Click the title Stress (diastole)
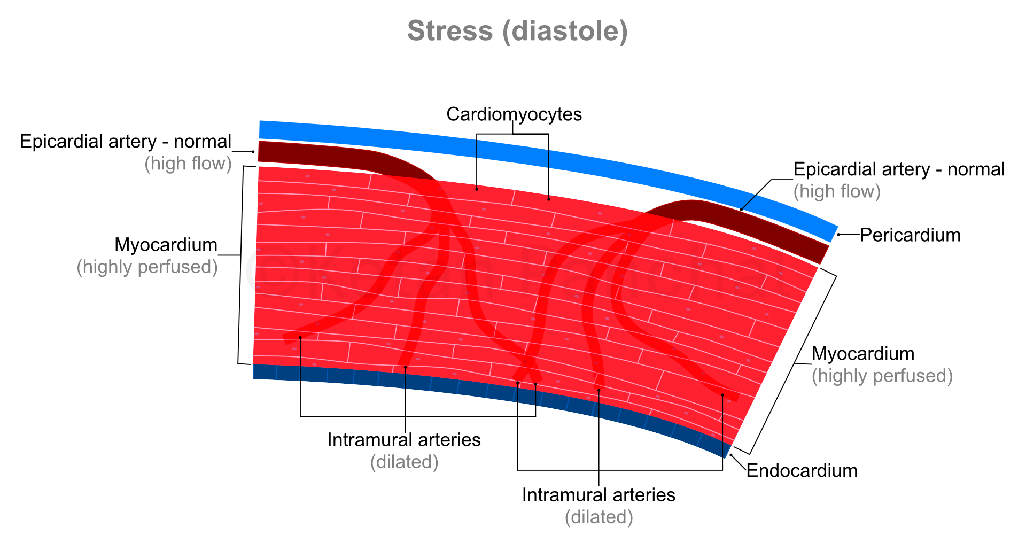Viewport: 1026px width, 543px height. [517, 31]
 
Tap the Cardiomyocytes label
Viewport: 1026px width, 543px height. [514, 114]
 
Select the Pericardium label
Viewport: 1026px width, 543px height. [910, 235]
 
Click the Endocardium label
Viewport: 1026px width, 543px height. [802, 471]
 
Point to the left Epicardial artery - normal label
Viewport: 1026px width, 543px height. [126, 142]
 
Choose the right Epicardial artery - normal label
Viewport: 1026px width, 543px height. [899, 169]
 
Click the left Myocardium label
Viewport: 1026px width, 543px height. [166, 245]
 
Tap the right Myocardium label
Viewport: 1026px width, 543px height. [863, 354]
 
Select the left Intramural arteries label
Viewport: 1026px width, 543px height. [404, 440]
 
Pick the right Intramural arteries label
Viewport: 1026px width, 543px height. [598, 495]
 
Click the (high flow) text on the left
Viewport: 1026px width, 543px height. [188, 164]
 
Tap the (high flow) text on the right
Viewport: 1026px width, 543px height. [837, 191]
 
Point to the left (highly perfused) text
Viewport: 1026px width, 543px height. [147, 267]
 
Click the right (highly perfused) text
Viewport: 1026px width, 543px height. [882, 376]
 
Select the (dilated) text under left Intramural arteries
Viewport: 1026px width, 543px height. [405, 462]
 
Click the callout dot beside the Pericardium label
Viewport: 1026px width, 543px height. [838, 235]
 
